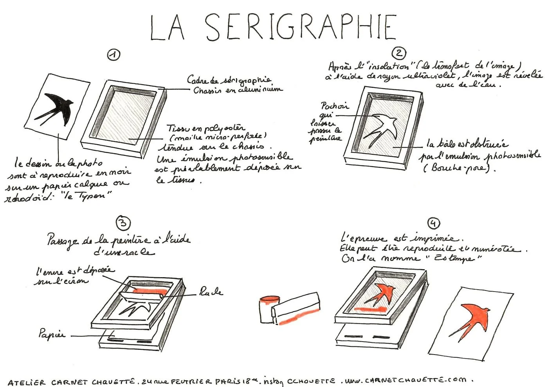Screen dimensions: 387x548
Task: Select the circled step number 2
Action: pyautogui.click(x=398, y=53)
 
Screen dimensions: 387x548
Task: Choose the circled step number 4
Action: pyautogui.click(x=433, y=223)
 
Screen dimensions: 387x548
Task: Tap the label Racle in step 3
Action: pyautogui.click(x=211, y=292)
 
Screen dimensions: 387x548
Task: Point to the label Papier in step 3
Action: pyautogui.click(x=51, y=334)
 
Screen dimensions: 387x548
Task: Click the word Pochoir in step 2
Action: pyautogui.click(x=335, y=106)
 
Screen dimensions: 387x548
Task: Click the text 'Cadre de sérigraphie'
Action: pyautogui.click(x=229, y=81)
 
